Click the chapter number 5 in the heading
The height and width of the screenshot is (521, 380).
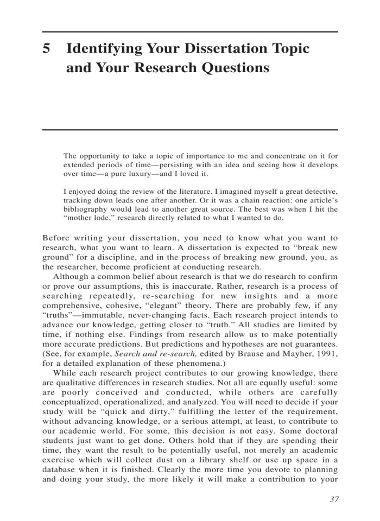pyautogui.click(x=47, y=49)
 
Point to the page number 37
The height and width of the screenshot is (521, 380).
pyautogui.click(x=333, y=499)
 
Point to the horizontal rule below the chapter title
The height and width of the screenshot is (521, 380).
pyautogui.click(x=190, y=130)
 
